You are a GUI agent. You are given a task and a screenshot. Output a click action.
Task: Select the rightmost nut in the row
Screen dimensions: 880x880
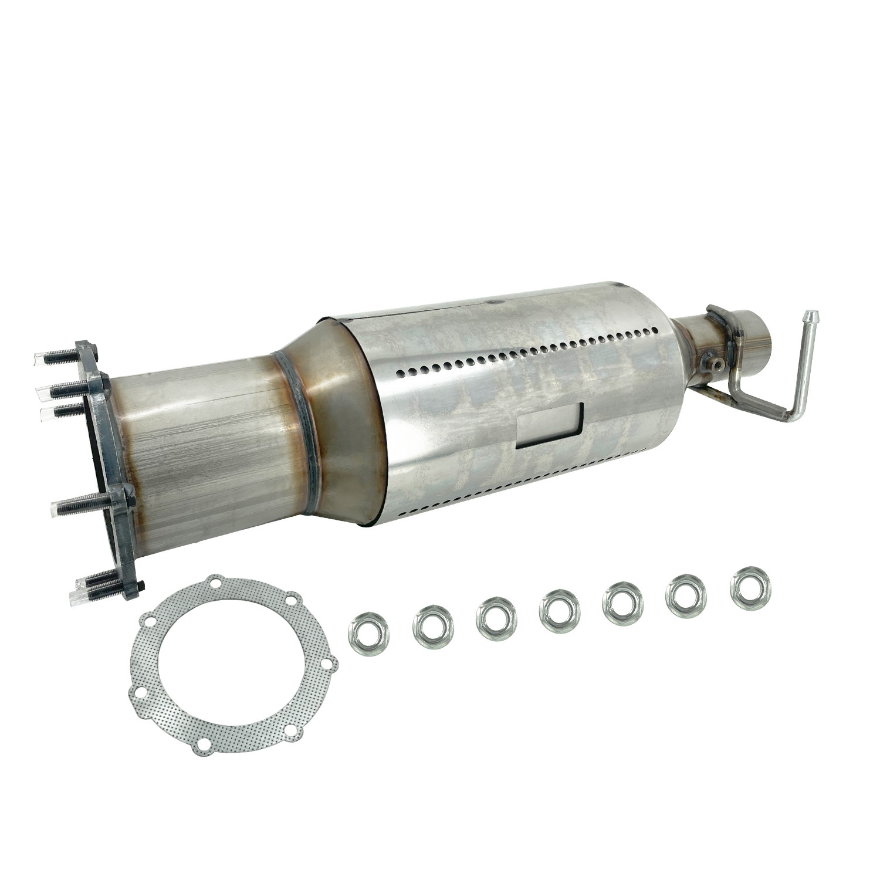pyautogui.click(x=750, y=588)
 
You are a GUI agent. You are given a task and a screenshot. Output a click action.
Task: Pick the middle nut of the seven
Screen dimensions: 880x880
pyautogui.click(x=559, y=612)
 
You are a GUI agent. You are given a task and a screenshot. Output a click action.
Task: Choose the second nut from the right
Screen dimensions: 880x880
pyautogui.click(x=686, y=596)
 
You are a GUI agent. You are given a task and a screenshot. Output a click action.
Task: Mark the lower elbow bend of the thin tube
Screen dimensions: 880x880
pyautogui.click(x=790, y=417)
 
